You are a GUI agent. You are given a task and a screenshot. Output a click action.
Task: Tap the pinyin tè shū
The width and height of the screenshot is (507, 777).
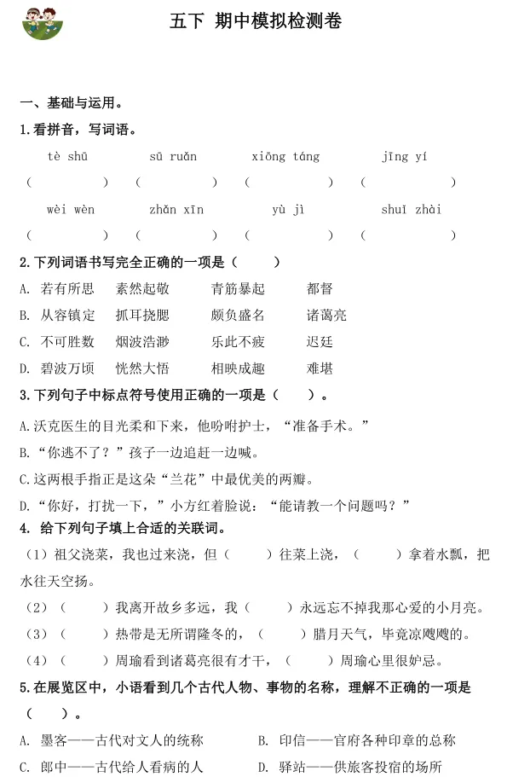point(66,156)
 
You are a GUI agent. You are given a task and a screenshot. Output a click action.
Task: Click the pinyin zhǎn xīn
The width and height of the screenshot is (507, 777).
point(176,210)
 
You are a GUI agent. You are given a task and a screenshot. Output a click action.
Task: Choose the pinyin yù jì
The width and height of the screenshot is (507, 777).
point(288,210)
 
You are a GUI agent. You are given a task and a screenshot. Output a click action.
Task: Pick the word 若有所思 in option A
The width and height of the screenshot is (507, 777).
point(67,289)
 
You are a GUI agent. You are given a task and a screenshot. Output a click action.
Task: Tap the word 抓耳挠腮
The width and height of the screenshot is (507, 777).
point(142,316)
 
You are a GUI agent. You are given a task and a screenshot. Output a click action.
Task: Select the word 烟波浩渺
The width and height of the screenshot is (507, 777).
point(142,342)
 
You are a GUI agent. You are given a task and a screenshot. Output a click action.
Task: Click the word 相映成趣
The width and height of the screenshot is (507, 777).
point(238,368)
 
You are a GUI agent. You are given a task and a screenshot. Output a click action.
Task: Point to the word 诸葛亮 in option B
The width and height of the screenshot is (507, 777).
point(326,316)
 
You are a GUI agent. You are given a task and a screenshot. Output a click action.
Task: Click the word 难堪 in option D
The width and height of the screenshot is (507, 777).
point(320,368)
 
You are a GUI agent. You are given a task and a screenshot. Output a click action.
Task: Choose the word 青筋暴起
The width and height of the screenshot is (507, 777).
point(238,289)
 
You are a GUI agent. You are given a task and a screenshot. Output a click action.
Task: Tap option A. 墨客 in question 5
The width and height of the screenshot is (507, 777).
point(111,740)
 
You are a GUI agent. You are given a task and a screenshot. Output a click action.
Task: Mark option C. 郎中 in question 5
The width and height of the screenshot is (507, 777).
point(111,767)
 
